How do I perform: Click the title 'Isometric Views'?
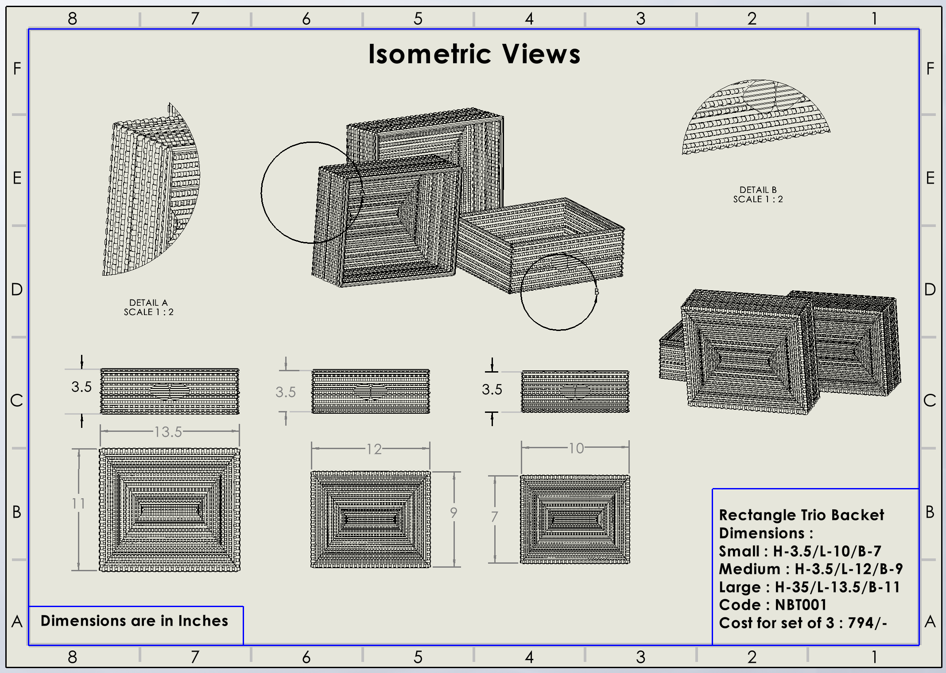point(474,54)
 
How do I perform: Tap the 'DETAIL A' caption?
point(148,303)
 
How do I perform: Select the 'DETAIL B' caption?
point(758,190)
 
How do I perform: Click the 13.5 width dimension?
point(168,431)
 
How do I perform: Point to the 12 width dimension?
point(374,449)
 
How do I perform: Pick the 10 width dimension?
point(576,448)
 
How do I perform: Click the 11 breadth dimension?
point(78,503)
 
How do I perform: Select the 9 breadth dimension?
point(454,512)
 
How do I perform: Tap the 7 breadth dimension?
point(494,516)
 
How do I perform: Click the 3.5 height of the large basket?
point(81,387)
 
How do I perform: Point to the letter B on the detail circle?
point(597,292)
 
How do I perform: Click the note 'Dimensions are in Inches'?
point(134,621)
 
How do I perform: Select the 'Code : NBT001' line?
point(772,605)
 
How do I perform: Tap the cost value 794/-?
point(867,623)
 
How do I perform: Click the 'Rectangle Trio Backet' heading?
point(801,515)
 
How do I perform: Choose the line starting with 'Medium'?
point(810,569)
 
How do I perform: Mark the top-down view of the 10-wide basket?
point(575,519)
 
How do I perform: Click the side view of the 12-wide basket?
point(371,392)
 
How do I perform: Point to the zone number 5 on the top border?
point(418,19)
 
